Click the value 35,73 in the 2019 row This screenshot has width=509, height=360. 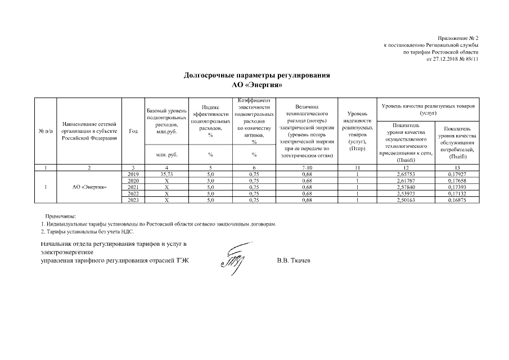point(166,174)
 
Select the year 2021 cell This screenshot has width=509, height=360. point(133,187)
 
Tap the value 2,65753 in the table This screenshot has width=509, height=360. point(406,174)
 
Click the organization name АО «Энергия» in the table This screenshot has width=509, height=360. point(89,187)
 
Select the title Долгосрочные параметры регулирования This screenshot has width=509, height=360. point(257,75)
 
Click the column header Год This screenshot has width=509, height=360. point(133,131)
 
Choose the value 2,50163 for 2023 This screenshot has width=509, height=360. point(406,199)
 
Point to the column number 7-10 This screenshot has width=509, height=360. point(307,168)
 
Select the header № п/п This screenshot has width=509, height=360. point(46,131)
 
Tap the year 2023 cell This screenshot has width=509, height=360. point(133,199)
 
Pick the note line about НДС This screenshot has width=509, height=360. point(88,231)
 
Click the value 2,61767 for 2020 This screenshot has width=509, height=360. point(406,181)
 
